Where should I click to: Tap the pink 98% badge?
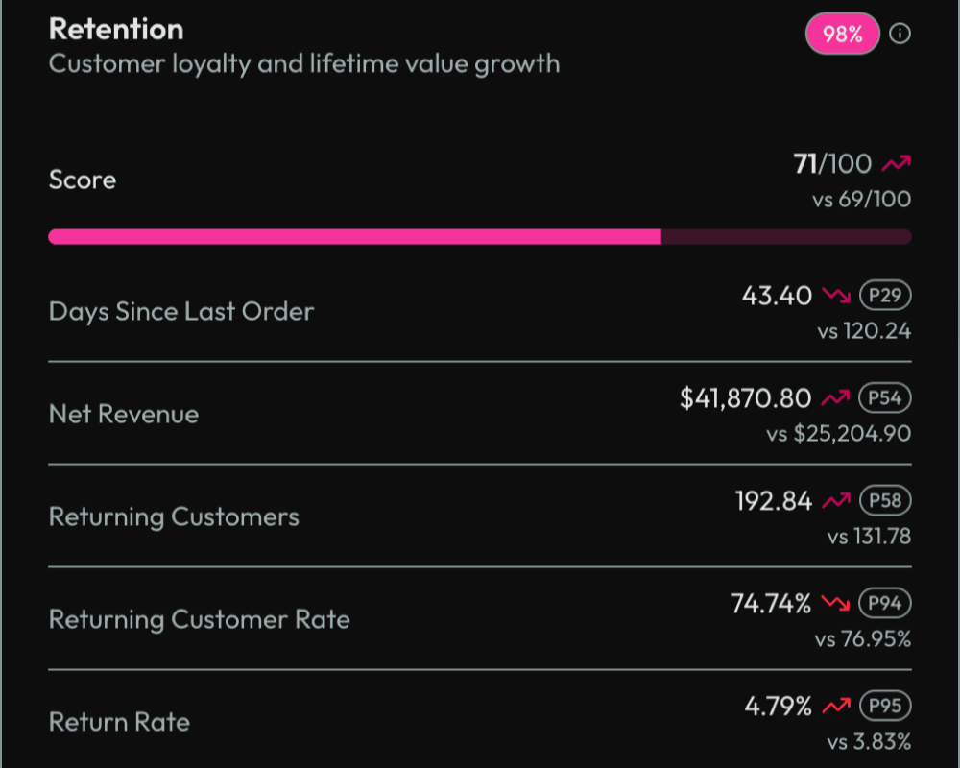tap(842, 35)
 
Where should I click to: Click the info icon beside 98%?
tap(900, 35)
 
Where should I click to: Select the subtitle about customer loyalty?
tap(303, 64)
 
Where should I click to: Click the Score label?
tap(83, 180)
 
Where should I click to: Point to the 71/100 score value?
tap(832, 165)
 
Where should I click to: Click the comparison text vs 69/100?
tap(861, 200)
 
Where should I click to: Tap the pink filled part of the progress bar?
tap(354, 236)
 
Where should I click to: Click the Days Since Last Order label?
tap(180, 311)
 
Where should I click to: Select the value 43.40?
tap(777, 295)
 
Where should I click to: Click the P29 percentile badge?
tap(883, 295)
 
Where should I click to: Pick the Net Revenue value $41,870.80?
tap(745, 397)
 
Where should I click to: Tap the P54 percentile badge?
tap(883, 397)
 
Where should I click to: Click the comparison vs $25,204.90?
tap(838, 434)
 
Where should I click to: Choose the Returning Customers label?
tap(174, 516)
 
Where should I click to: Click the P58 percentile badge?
tap(883, 500)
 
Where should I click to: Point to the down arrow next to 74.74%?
tap(836, 604)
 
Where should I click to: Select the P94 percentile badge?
tap(883, 603)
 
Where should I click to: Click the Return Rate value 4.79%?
tap(778, 707)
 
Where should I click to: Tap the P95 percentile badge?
tap(883, 706)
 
